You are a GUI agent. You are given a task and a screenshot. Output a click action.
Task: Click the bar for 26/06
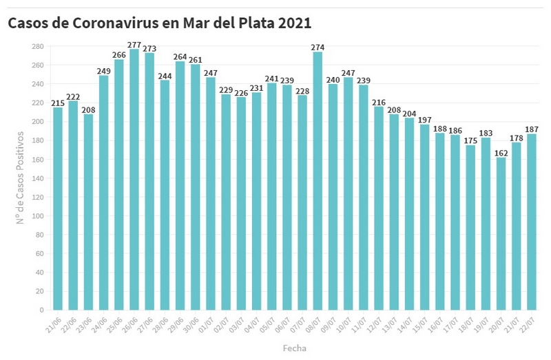134,179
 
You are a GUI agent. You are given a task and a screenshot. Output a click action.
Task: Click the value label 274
318,47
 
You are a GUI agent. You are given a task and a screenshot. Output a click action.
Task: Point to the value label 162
501,153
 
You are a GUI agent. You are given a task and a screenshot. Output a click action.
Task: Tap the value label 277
134,45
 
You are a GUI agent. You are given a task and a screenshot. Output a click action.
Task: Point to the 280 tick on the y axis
38,46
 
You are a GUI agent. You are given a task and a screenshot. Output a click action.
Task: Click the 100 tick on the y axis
38,216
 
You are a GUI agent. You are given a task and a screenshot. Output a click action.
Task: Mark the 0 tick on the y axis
42,310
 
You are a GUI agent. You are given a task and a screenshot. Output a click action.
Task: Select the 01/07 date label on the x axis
206,323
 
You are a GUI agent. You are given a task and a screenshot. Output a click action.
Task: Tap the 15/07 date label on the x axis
419,323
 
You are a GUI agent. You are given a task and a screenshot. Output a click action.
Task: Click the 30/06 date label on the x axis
191,323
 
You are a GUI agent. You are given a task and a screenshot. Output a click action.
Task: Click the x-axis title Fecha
294,348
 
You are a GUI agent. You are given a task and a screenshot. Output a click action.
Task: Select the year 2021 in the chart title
295,23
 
